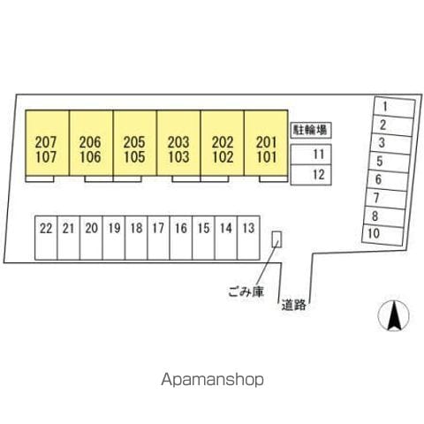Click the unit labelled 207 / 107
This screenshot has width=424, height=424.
coord(47,143)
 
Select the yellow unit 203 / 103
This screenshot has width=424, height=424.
coord(178,143)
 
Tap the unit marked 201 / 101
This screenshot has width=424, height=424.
coord(266,143)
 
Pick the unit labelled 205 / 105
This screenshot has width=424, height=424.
coord(135,143)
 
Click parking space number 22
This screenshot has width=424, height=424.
coord(46,238)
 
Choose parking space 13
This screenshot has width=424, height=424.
coord(248,238)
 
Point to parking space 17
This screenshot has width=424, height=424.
coord(158,238)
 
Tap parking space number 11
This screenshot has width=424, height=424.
coord(311,155)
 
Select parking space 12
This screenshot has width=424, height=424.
coord(311,175)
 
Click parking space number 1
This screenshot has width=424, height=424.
coord(394,107)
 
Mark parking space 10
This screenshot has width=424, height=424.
coord(382,235)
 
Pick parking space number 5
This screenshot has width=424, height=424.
coord(389,162)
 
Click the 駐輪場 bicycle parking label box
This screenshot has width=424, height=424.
coord(311,130)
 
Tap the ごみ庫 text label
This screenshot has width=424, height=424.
coord(246,291)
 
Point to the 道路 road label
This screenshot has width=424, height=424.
coord(293,305)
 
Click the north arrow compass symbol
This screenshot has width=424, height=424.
coord(394,315)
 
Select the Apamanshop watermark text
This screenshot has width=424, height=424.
coord(212,380)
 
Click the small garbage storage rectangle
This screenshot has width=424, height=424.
coord(276,239)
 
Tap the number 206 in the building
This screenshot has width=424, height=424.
coord(90,142)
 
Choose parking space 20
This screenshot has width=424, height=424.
coord(91,238)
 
